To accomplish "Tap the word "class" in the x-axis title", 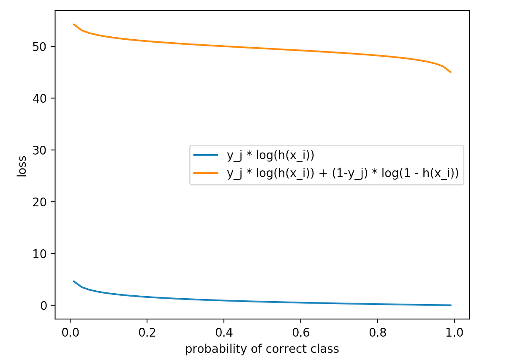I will (326, 349).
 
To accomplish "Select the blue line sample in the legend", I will (205, 155).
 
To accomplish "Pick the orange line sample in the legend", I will (205, 173).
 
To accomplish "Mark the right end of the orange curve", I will (451, 72).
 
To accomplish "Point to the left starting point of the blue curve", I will (74, 281).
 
